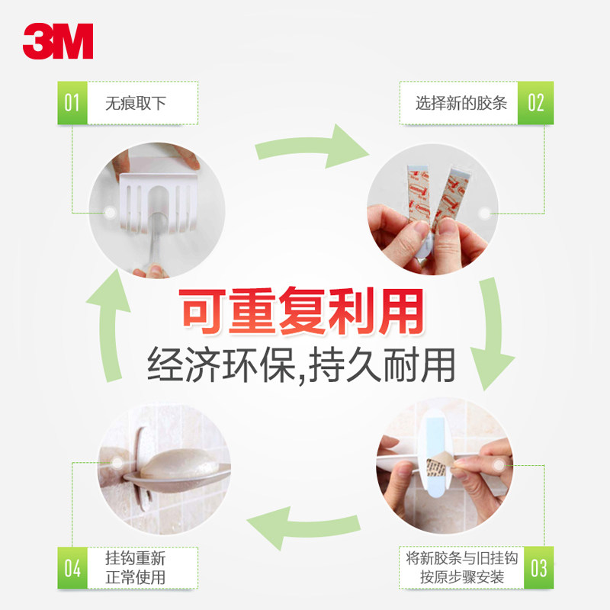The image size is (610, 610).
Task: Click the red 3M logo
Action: [x=58, y=41]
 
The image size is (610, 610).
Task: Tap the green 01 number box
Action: [x=72, y=103]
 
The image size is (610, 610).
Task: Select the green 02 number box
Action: [x=535, y=103]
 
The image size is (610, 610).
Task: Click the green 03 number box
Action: [x=538, y=568]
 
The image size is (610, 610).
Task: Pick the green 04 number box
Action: [x=72, y=568]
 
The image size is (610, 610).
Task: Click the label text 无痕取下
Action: [x=136, y=104]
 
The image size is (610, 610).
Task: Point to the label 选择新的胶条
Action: [x=461, y=103]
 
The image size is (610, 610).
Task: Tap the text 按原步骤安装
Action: [x=462, y=577]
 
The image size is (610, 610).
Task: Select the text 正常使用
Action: [x=136, y=577]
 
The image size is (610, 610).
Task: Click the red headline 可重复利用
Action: [x=301, y=311]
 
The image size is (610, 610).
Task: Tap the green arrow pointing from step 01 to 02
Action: [x=311, y=146]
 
